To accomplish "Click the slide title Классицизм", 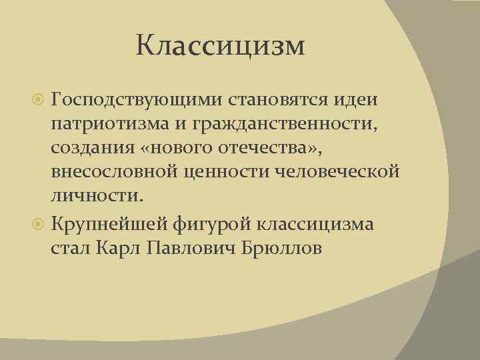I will click(220, 47).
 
